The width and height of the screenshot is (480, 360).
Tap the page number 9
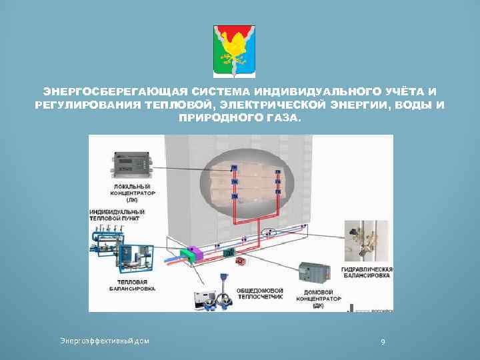coord(382,342)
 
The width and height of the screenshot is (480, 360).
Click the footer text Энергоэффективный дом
coord(105,341)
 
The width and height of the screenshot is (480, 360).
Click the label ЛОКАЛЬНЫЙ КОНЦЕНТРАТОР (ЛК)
coord(131,192)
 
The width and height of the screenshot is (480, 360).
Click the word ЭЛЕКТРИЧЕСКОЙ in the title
coord(270,105)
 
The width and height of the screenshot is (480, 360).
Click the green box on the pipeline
coord(227,251)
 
